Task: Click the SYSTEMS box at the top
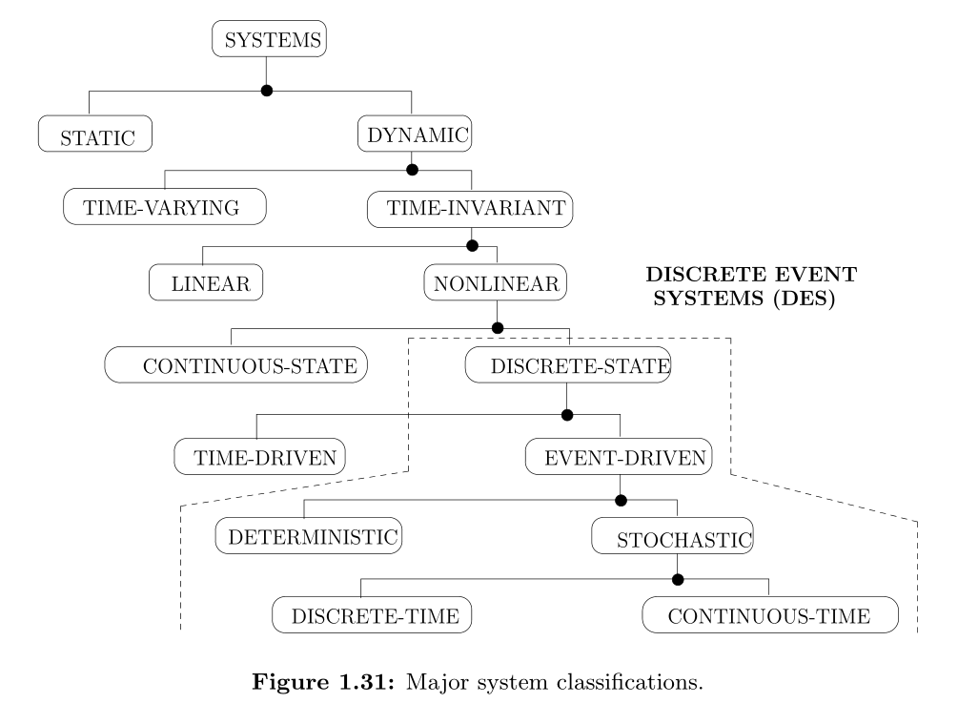click(268, 40)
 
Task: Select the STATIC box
click(95, 134)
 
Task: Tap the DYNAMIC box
click(415, 134)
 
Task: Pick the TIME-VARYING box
click(164, 208)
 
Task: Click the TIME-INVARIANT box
click(471, 208)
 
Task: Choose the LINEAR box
click(206, 283)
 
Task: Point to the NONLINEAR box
click(496, 283)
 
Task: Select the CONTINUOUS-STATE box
click(236, 364)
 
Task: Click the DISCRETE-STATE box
click(567, 364)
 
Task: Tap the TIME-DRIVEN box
click(259, 456)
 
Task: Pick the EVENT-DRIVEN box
click(619, 456)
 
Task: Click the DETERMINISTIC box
click(310, 536)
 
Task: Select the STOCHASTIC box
click(672, 538)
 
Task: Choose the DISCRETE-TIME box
click(372, 616)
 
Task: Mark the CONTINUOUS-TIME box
click(770, 616)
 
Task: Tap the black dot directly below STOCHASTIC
click(678, 579)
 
